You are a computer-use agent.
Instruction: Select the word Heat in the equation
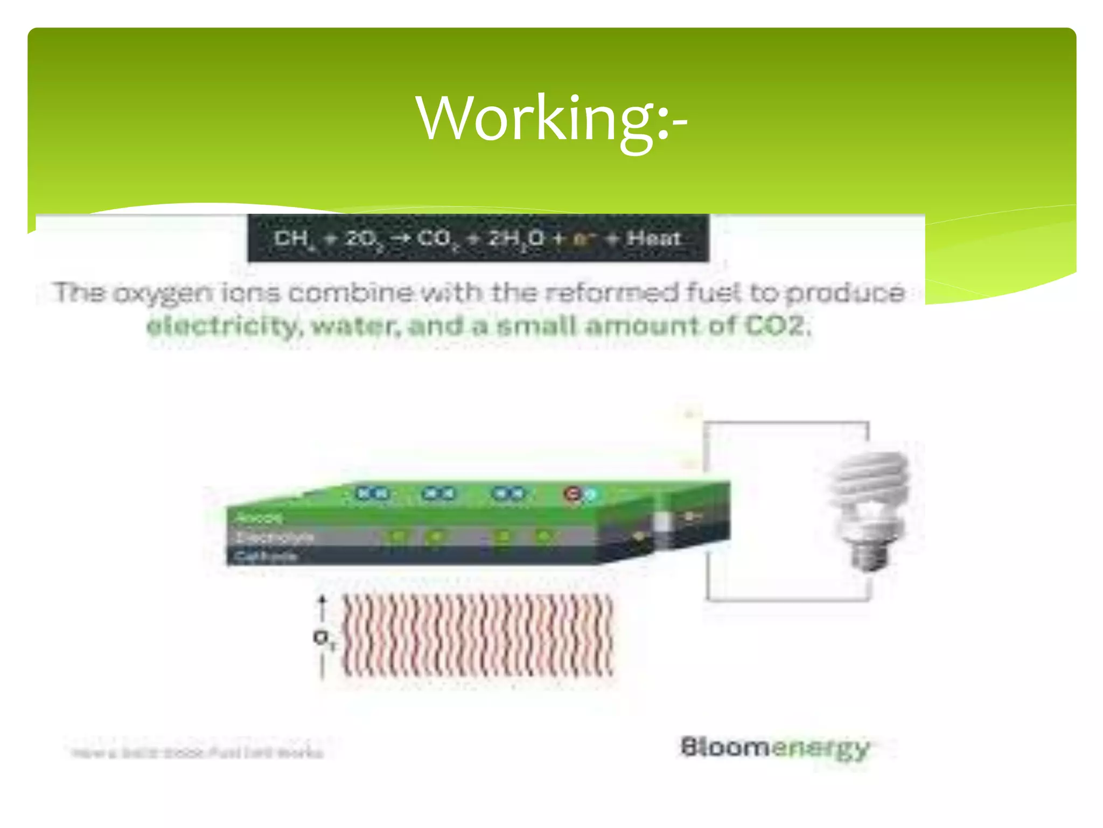tap(654, 238)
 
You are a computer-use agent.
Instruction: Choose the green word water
tap(355, 327)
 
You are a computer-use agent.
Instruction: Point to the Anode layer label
tap(259, 518)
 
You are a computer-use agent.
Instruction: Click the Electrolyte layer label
tap(275, 537)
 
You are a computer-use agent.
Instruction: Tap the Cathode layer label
tap(266, 556)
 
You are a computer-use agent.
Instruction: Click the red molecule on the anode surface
tap(572, 494)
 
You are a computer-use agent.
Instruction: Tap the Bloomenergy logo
tap(774, 748)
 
